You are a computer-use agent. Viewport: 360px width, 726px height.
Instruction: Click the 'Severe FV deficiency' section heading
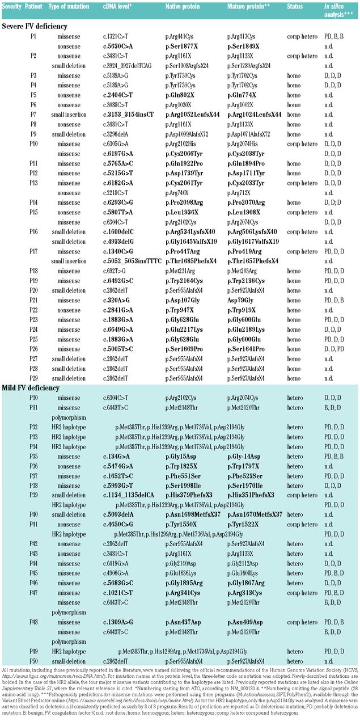point(35,26)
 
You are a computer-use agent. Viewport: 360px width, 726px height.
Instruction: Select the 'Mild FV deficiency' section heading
point(32,387)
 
